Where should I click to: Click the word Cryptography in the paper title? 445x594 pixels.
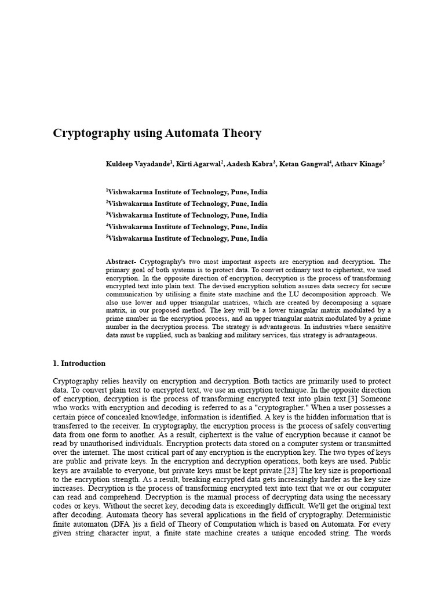(x=90, y=133)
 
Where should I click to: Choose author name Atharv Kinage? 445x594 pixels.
(x=359, y=164)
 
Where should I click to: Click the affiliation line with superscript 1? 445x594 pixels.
(x=187, y=192)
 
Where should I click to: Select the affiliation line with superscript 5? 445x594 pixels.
(x=187, y=238)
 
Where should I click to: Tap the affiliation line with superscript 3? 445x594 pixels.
(x=187, y=215)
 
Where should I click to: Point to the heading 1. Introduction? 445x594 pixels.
(x=79, y=364)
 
